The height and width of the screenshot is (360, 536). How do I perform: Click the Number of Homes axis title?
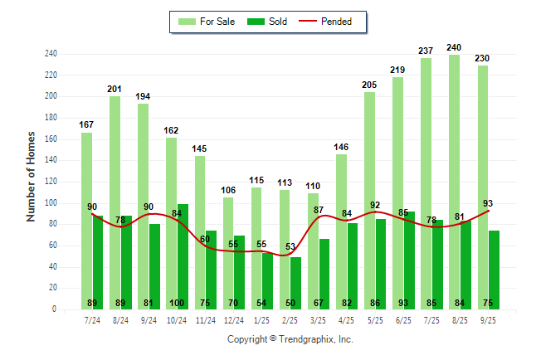[31, 176]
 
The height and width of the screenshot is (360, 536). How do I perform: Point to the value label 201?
[115, 89]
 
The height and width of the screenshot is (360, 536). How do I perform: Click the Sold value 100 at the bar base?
[177, 303]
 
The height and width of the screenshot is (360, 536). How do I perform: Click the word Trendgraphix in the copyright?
[315, 339]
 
